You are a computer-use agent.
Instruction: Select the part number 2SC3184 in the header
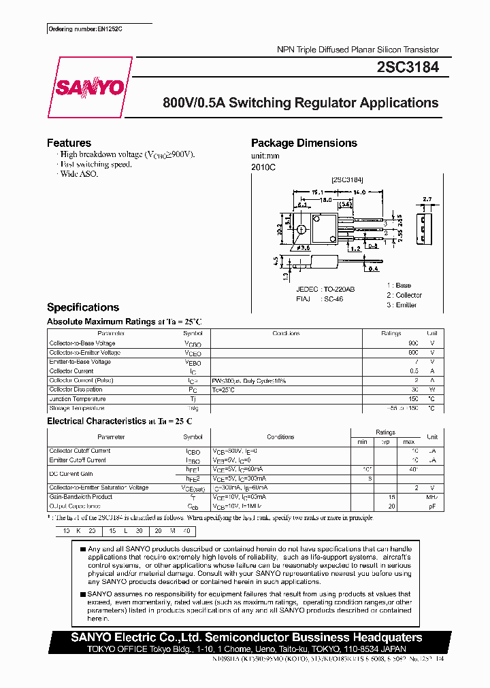407,67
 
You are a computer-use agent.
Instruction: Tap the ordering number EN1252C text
89,30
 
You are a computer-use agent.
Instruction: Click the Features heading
69,143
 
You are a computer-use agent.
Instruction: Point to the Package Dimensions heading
304,143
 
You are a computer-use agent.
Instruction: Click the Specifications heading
82,307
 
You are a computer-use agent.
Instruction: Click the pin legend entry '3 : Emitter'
402,305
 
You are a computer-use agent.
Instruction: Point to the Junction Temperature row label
77,399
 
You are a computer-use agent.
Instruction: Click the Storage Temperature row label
77,409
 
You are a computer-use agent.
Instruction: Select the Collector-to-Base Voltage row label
82,343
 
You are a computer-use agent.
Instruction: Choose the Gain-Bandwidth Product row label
81,497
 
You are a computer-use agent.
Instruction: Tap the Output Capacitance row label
75,506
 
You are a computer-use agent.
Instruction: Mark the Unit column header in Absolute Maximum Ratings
431,334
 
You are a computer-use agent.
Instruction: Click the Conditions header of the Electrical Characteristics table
280,437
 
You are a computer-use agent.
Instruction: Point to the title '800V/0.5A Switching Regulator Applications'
300,103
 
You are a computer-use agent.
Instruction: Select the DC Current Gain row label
71,474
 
